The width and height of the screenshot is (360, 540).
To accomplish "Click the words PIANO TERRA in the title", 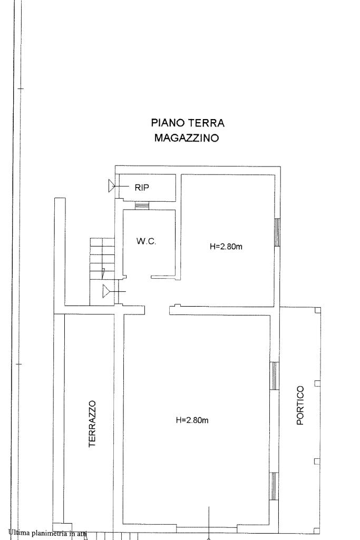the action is coord(188,123).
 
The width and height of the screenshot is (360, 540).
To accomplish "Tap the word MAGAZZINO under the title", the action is coord(187,138).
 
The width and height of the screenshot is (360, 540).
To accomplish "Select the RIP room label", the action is coord(142,188).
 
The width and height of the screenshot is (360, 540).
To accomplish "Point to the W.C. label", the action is coord(146,241).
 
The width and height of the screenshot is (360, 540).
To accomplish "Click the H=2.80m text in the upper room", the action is coord(226,247).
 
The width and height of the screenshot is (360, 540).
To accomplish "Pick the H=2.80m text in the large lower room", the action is coord(192,420).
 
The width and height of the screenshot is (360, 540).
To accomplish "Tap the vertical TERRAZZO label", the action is coord(92,424).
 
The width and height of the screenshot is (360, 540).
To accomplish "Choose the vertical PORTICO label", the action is coord(300,405).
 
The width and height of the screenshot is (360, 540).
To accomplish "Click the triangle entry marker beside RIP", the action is coord(112,186).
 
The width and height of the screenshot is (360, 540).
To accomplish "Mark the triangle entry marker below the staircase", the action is coord(106,292).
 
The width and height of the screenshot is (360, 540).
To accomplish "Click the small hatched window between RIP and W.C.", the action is coord(142,205).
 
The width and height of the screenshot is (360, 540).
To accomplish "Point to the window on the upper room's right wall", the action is coord(277,232).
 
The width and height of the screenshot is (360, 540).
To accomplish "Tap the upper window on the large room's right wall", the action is coord(274,376).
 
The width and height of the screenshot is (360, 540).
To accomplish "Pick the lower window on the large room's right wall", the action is coord(274,486).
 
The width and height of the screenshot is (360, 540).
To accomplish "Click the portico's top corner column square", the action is coord(318,310).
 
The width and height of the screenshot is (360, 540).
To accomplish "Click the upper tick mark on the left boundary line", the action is coord(21,89).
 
